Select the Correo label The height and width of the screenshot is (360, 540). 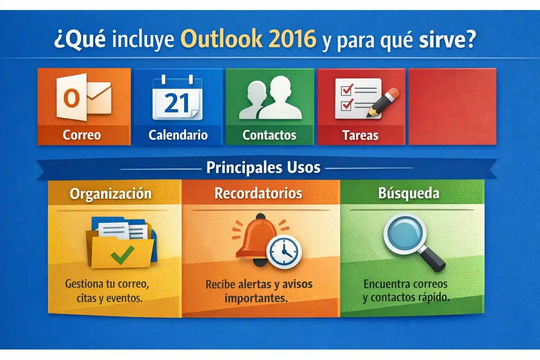82,135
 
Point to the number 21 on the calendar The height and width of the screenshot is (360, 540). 177,103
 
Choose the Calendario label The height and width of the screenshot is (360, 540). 178,135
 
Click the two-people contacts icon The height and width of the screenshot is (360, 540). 270,98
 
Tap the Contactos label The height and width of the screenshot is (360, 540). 269,135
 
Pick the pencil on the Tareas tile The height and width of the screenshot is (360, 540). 383,102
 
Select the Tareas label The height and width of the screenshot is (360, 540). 360,135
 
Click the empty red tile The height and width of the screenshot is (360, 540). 452,106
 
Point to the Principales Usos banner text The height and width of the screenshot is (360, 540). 263,167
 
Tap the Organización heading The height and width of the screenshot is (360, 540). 110,194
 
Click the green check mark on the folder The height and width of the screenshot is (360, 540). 122,255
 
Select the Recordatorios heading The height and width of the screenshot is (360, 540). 258,193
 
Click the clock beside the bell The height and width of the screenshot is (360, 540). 284,251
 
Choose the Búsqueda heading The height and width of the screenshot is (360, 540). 409,193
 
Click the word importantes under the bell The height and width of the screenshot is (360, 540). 256,298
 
